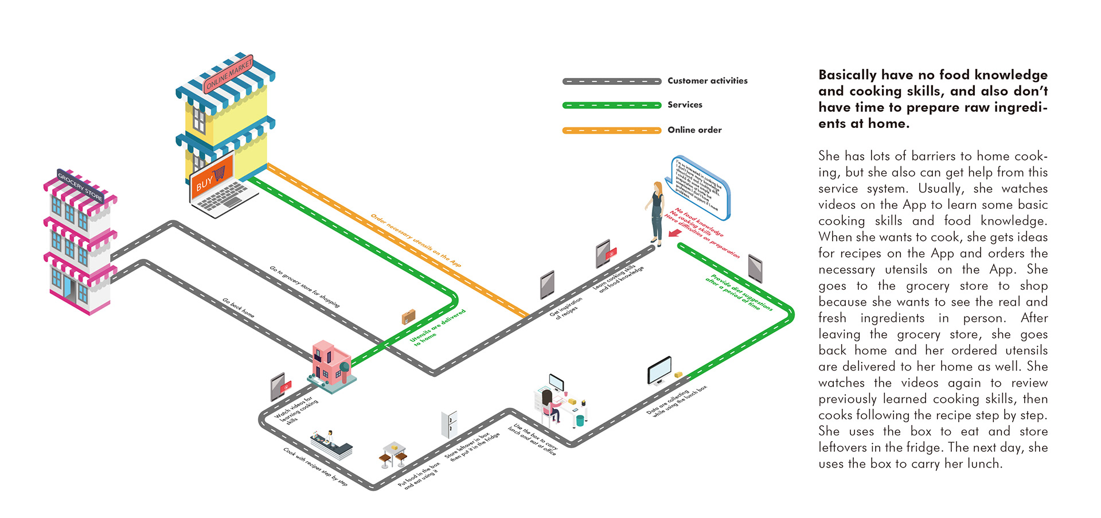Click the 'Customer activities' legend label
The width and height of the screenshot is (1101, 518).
click(x=707, y=81)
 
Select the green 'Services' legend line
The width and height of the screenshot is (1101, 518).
click(x=611, y=105)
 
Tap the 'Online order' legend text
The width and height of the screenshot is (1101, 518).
click(x=694, y=130)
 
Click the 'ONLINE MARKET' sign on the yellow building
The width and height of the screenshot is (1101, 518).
click(x=228, y=75)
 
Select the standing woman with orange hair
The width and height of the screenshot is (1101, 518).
click(x=657, y=212)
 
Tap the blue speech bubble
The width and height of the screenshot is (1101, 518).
click(x=700, y=186)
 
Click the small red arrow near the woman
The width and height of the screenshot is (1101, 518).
click(x=675, y=232)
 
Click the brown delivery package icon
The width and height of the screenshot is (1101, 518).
click(x=408, y=316)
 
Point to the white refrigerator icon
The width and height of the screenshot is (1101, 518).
click(x=449, y=424)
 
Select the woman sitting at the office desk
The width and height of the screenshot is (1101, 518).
click(x=549, y=404)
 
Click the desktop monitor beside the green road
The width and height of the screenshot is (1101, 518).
click(x=659, y=371)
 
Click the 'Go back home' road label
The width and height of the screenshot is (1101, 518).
click(x=238, y=308)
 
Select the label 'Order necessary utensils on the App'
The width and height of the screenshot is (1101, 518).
click(x=416, y=240)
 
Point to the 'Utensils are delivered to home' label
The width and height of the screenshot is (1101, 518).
click(x=437, y=328)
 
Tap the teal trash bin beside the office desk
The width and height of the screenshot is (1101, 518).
click(x=580, y=420)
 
